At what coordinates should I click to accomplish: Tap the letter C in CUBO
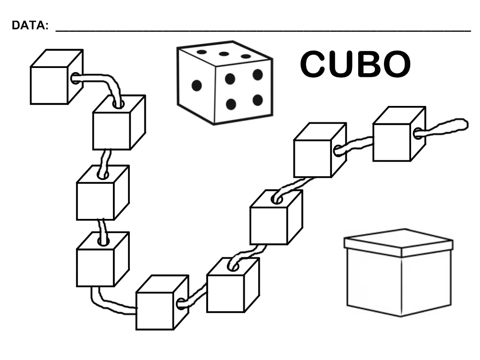[314, 64]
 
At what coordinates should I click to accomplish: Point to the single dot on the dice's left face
[196, 85]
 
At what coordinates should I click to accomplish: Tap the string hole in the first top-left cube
[75, 78]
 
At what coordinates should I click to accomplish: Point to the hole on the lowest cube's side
[180, 305]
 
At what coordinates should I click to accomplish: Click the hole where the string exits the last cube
[417, 134]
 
